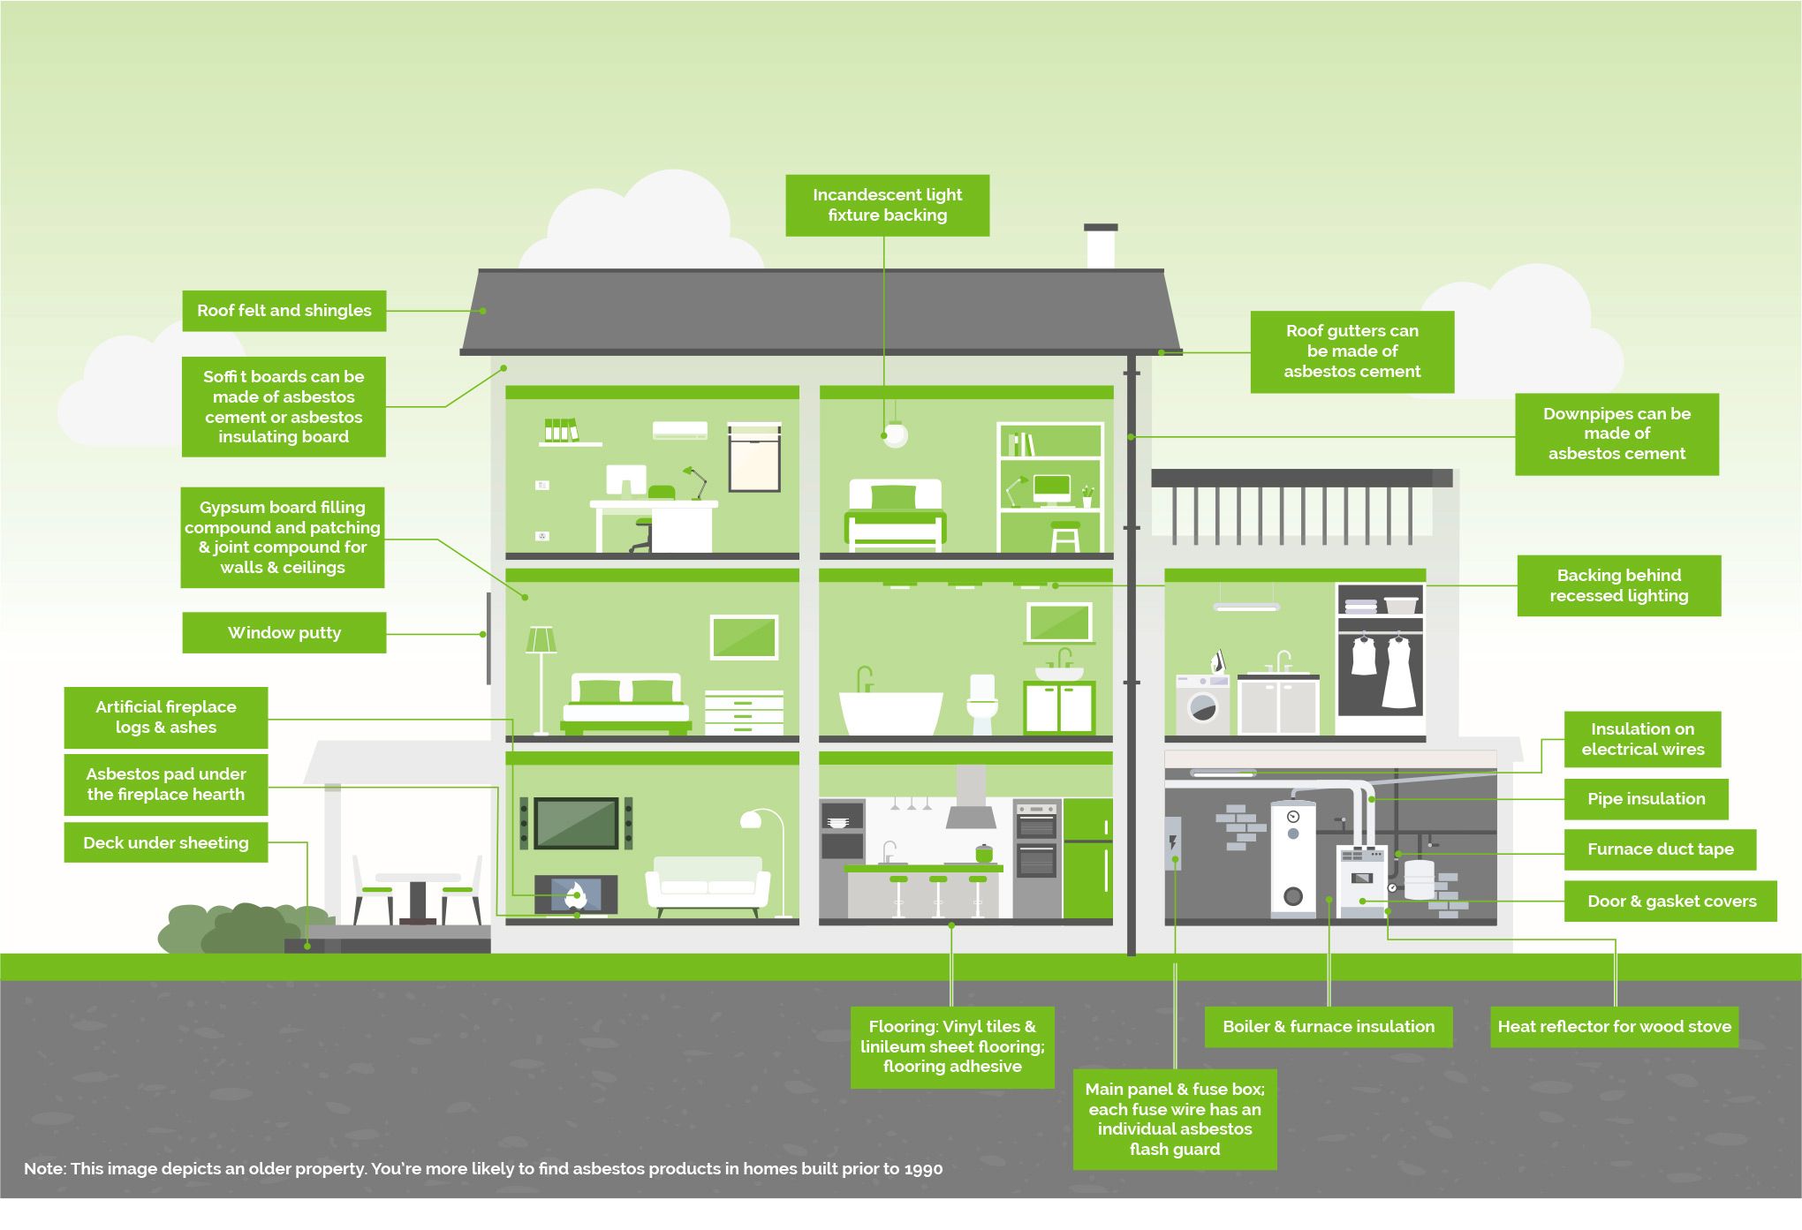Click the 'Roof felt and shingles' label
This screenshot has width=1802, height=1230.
click(284, 311)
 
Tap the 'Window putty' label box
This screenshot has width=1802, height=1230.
click(284, 632)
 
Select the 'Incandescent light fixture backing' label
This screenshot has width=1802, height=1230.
click(888, 205)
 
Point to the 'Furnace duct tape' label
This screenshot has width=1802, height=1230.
click(1660, 849)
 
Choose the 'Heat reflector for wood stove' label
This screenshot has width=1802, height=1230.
click(1615, 1027)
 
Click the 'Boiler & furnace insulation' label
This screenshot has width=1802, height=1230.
click(1329, 1027)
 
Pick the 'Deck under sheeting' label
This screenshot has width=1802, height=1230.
click(166, 842)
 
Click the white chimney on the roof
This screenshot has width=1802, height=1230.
click(1101, 246)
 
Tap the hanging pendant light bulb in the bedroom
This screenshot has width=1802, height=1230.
click(895, 434)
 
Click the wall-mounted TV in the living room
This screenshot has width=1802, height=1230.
click(576, 823)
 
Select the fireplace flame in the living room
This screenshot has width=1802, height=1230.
click(576, 894)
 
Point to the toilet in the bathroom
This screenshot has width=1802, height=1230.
click(982, 704)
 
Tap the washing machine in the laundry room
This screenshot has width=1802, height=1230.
click(1202, 705)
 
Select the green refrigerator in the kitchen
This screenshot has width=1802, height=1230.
click(1087, 858)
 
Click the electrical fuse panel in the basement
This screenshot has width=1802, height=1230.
click(1173, 842)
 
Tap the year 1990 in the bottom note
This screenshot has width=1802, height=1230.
click(923, 1169)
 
